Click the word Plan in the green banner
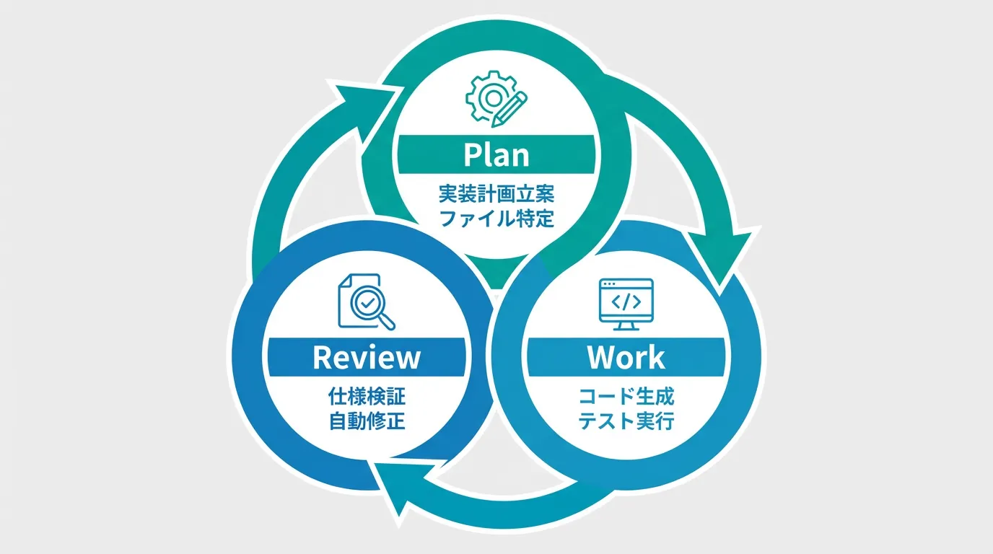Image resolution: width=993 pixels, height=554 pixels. (x=496, y=154)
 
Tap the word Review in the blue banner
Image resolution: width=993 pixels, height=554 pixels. (x=367, y=357)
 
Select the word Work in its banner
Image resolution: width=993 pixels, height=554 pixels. (x=626, y=357)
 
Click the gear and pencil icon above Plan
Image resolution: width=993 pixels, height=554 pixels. (x=496, y=102)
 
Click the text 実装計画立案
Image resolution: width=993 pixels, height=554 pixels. (x=496, y=194)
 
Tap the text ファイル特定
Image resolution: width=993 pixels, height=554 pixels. (x=496, y=218)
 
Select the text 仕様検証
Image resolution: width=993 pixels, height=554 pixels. (x=367, y=396)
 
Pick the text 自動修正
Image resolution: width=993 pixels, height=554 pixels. (x=367, y=420)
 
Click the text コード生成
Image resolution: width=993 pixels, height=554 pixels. (x=626, y=396)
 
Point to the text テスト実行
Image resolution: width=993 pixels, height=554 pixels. (x=626, y=421)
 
